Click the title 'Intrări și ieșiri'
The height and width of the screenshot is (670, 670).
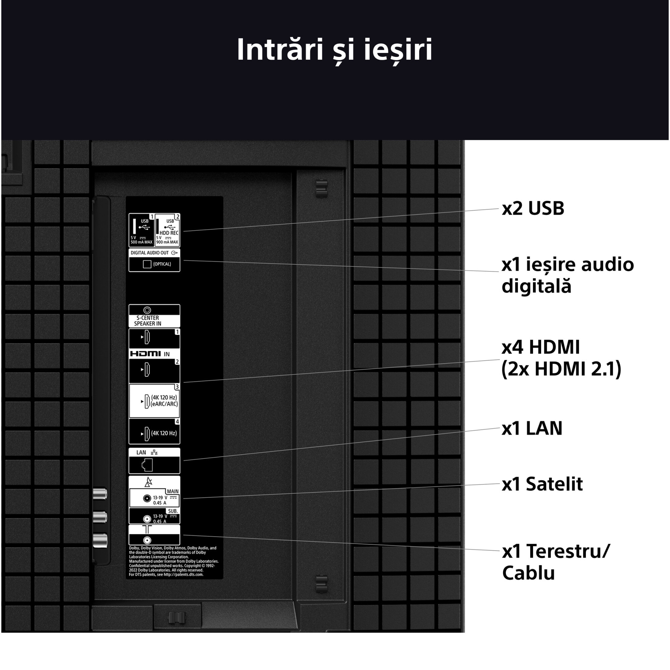[x=335, y=50]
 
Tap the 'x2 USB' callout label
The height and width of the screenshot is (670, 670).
[x=533, y=208]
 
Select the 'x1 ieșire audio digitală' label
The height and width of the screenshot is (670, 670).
[x=567, y=275]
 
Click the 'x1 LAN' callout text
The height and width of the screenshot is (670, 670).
[x=532, y=428]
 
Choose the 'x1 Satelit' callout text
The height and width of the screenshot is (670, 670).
[x=542, y=484]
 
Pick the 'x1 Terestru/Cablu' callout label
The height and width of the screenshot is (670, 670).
[x=555, y=562]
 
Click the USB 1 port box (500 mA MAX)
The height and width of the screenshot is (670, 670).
[x=141, y=230]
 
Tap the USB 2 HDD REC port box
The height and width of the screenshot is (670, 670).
[x=167, y=230]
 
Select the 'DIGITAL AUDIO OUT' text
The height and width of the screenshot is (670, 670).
[x=150, y=253]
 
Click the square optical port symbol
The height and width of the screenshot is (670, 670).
[x=147, y=264]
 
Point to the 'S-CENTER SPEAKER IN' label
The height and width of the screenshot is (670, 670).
[x=148, y=321]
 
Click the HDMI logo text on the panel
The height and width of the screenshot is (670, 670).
[x=146, y=354]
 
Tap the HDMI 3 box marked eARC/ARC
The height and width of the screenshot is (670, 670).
[x=154, y=401]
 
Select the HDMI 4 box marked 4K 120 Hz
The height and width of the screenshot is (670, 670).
[x=154, y=432]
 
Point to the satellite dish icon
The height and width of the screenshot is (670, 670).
[x=149, y=482]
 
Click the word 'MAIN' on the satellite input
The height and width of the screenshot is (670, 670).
[x=173, y=491]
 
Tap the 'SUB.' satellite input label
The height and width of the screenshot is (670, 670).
[x=173, y=511]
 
